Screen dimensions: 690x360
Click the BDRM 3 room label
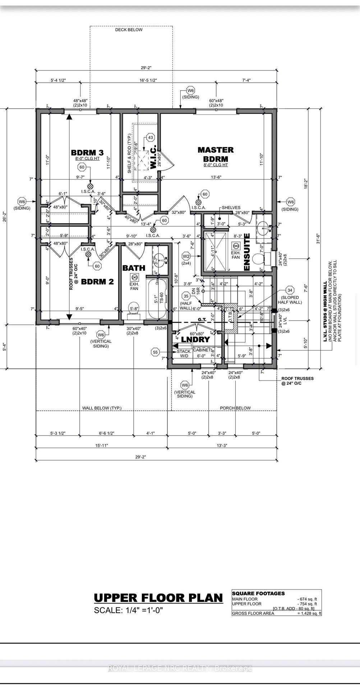(x=87, y=152)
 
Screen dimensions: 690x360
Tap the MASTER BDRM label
(x=216, y=154)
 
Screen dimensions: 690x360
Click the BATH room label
(x=134, y=268)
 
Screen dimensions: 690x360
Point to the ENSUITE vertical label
(x=246, y=252)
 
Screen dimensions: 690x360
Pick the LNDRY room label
(x=195, y=340)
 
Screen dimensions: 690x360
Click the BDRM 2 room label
(x=97, y=281)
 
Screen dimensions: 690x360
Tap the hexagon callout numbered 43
(x=151, y=138)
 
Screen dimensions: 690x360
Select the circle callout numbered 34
(x=290, y=290)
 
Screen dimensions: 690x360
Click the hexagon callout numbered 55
(x=155, y=353)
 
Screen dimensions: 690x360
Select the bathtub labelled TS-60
(x=157, y=299)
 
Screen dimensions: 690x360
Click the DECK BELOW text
(x=129, y=30)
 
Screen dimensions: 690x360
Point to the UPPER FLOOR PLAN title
(x=158, y=598)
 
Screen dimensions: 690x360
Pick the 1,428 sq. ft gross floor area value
(x=309, y=613)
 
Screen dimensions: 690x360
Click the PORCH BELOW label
(x=235, y=408)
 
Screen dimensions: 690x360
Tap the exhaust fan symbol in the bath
(x=134, y=277)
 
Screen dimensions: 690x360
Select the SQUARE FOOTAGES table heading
(x=258, y=593)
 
